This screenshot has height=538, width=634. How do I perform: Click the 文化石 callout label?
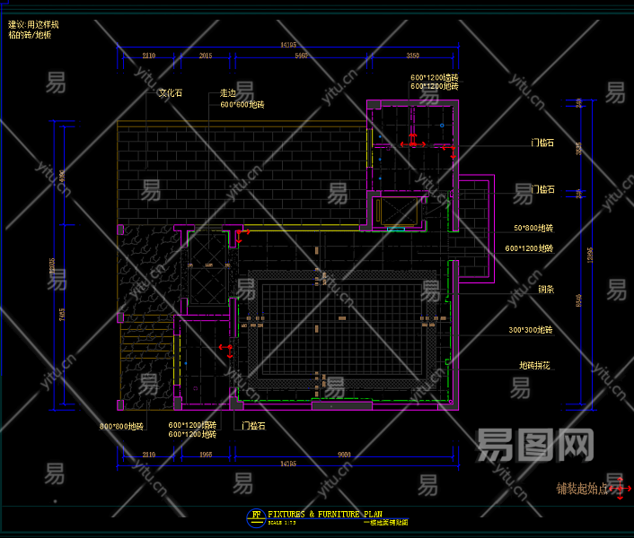coord(171,92)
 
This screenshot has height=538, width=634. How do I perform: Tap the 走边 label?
coord(228,92)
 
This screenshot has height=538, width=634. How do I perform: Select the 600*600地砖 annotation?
coord(242,105)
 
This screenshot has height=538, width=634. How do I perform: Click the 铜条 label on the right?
coord(522,290)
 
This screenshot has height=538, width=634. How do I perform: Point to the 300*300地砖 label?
coord(530,330)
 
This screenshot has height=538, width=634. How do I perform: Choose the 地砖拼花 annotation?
coord(534,366)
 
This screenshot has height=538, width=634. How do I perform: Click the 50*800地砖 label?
coord(533,229)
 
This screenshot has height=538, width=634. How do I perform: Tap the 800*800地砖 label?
coord(121,426)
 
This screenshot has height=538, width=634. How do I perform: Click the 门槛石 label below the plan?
coord(253,426)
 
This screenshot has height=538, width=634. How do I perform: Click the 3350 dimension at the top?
coord(413,56)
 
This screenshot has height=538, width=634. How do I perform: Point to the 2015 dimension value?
coord(205,56)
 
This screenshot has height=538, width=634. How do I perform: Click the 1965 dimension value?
coord(205,455)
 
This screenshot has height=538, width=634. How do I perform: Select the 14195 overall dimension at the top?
coord(288,44)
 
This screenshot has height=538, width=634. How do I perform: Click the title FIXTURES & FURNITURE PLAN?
coord(325,514)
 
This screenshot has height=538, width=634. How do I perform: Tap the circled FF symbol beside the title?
coord(256,516)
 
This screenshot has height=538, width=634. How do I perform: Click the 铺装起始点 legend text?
coord(582,489)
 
